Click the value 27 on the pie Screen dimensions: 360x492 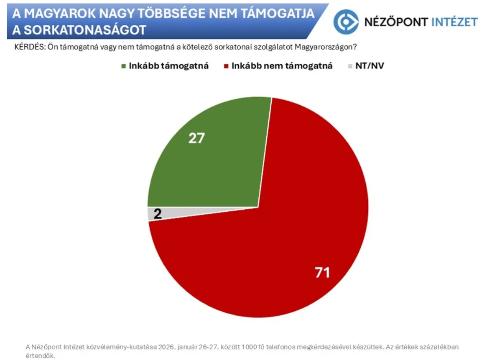click(196, 138)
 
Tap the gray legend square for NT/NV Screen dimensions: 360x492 click(350, 66)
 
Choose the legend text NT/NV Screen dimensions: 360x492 click(370, 66)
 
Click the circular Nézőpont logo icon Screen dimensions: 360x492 click(346, 22)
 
